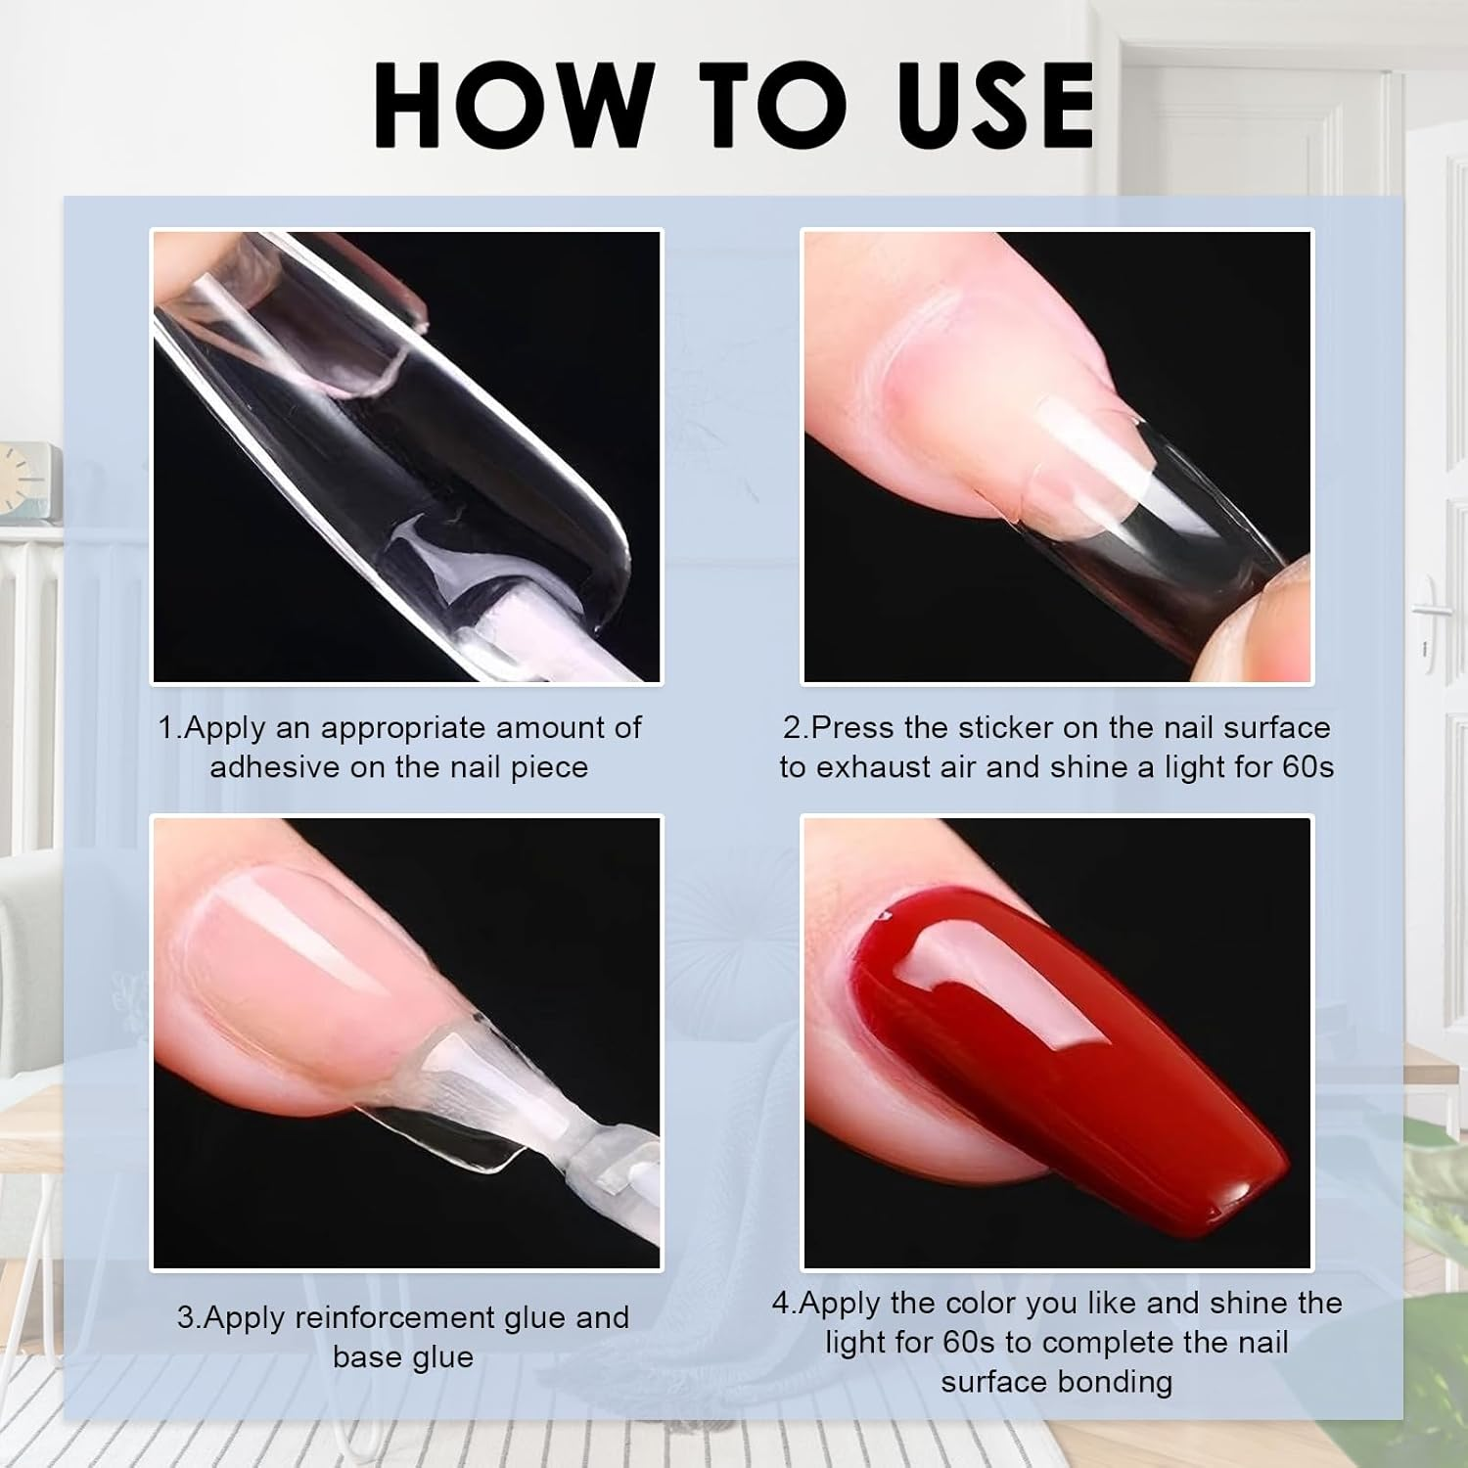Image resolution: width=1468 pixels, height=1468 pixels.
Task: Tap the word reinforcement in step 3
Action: (395, 1317)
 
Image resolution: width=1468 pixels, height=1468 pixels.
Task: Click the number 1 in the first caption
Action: (166, 727)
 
